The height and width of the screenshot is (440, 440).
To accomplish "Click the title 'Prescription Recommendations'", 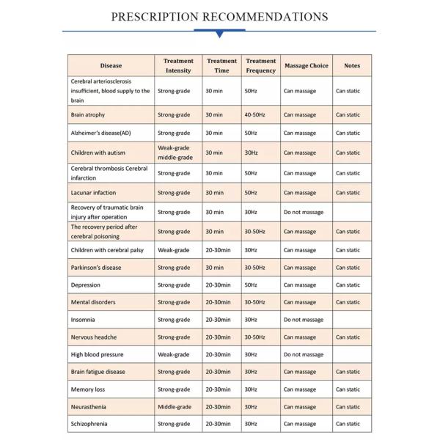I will point(219,16).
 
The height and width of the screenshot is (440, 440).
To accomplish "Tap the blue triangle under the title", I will point(219,34).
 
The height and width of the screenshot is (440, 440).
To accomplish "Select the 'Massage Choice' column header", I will point(306,66).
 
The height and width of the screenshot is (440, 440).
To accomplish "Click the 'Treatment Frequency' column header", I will point(261,66).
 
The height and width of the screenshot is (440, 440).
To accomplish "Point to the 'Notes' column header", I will point(352,66).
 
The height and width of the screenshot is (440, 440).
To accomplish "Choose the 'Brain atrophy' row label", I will point(87,115).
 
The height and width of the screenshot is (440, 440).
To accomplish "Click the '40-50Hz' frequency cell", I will point(256,115).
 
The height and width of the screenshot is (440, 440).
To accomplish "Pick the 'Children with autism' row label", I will point(98,153).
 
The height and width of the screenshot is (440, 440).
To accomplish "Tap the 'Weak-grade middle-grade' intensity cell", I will point(174,153).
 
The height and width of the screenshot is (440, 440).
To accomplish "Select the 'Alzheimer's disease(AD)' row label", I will point(100,133).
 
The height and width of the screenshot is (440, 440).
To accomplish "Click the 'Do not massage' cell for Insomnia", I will point(303,320).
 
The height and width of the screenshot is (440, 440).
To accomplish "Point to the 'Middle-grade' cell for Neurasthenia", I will point(175,407).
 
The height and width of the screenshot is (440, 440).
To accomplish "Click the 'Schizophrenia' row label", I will point(89,424).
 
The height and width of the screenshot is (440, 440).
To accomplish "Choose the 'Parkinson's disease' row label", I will point(96,268).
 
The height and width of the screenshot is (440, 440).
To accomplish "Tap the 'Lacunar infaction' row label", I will point(93,193).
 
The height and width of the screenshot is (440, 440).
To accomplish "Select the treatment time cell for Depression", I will point(218,285).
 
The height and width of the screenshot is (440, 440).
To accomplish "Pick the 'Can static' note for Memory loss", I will point(348,389).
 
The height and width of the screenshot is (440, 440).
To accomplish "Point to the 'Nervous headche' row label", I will point(93,337).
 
